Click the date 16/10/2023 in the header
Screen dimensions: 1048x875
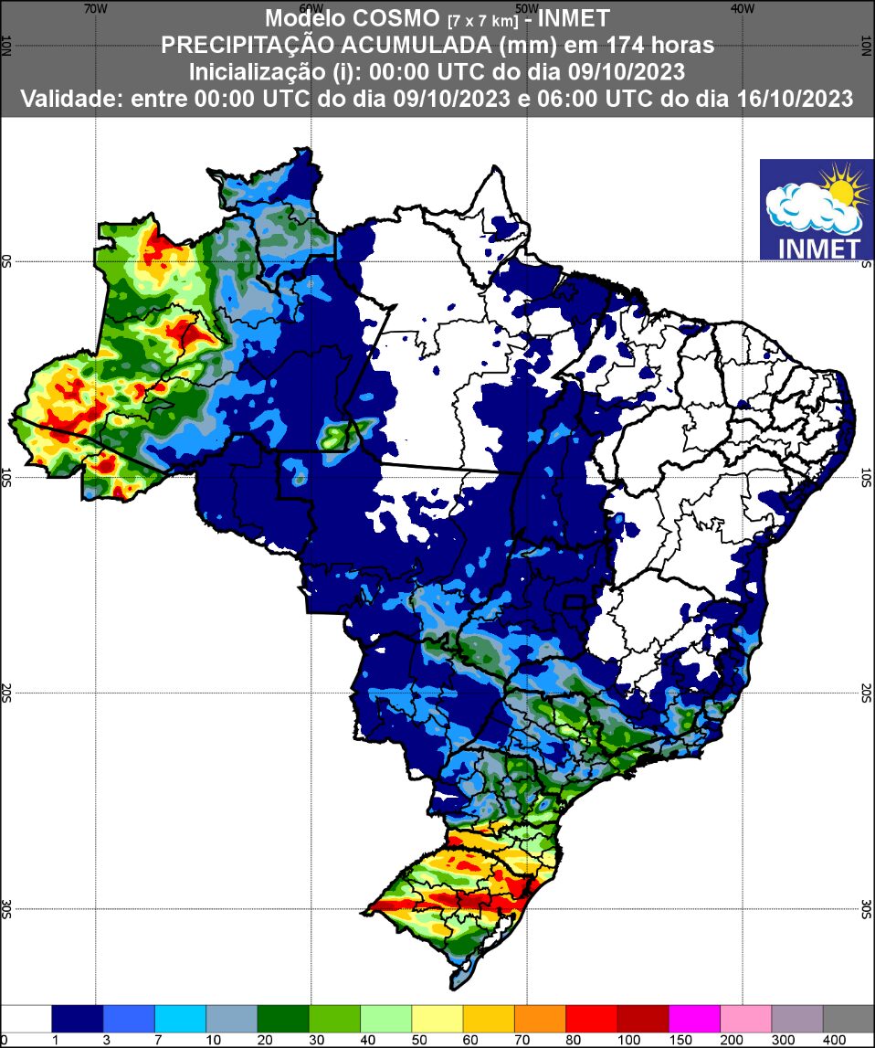794,98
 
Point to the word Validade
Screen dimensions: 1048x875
72,98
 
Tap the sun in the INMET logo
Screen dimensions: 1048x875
841,186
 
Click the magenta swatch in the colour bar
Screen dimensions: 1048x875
694,1018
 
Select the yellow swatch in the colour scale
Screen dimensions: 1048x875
437,1018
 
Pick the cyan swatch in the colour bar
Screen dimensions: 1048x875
180,1018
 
